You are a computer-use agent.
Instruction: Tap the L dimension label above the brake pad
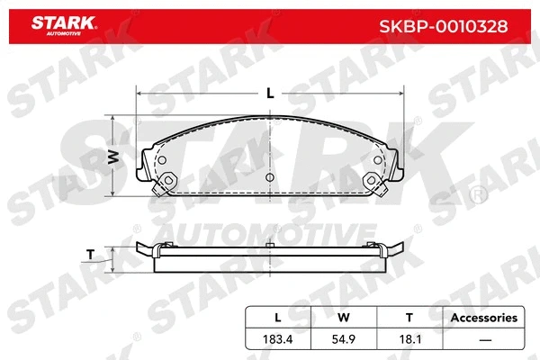270,90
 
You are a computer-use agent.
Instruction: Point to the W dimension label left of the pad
113,156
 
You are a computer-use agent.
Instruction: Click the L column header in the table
277,318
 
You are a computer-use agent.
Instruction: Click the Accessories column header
483,318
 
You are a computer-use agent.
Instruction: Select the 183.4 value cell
277,340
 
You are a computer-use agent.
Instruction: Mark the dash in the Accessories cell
483,340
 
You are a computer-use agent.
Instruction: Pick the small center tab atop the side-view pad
270,245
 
